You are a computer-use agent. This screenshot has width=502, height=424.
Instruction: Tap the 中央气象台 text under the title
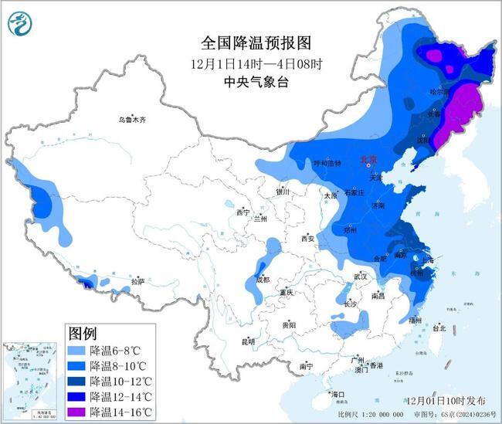[x=245, y=80]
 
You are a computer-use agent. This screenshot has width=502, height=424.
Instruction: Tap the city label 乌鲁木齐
[x=132, y=120]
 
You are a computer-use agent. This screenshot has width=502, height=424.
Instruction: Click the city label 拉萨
[x=138, y=282]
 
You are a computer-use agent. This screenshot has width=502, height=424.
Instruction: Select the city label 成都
[x=262, y=280]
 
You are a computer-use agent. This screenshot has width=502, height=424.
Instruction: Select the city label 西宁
[x=243, y=212]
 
